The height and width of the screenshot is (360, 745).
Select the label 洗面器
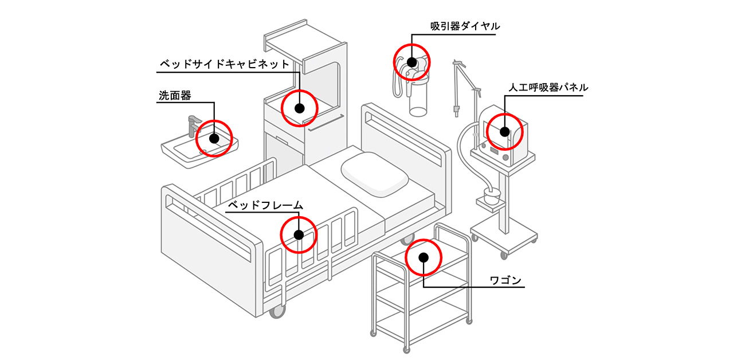click(x=174, y=95)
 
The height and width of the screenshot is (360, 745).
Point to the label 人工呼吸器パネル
click(x=548, y=88)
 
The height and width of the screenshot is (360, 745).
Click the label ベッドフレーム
click(x=265, y=205)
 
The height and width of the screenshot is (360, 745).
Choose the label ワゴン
click(x=505, y=280)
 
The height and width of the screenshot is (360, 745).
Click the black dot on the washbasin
click(x=214, y=138)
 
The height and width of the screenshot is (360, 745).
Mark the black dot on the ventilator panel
click(x=504, y=131)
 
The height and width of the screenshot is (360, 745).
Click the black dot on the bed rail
click(x=298, y=234)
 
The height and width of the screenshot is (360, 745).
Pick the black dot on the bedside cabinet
click(x=299, y=107)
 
